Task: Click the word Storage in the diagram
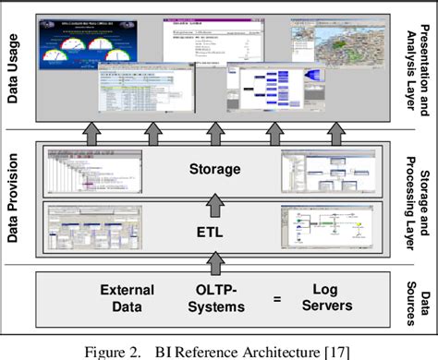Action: (x=214, y=169)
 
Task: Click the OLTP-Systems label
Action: (x=214, y=298)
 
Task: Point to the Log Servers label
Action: (x=323, y=298)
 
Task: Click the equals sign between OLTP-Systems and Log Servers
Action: (x=274, y=298)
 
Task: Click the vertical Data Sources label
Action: (x=420, y=297)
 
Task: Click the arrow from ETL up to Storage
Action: (x=215, y=201)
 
